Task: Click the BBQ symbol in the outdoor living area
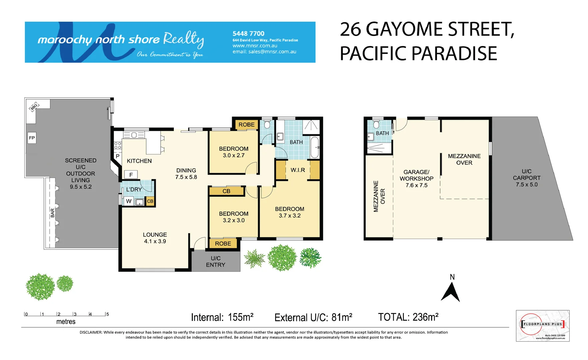click(34, 107)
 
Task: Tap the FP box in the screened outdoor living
click(32, 138)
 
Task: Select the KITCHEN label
click(139, 161)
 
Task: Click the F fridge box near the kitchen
click(131, 175)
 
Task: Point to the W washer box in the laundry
click(129, 201)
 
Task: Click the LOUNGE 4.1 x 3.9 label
click(155, 238)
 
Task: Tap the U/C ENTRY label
click(215, 261)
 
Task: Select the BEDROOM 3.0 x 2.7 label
click(233, 152)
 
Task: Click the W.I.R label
click(298, 170)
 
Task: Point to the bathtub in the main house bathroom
click(315, 147)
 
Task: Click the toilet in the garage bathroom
click(377, 125)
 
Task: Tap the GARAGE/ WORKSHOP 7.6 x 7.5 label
click(416, 179)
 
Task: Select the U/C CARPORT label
click(527, 178)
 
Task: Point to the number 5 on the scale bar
click(107, 314)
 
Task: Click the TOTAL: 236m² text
click(408, 317)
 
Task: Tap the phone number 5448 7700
click(248, 34)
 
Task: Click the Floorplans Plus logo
click(542, 325)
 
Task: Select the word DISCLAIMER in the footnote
click(90, 332)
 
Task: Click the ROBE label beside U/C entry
click(223, 244)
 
